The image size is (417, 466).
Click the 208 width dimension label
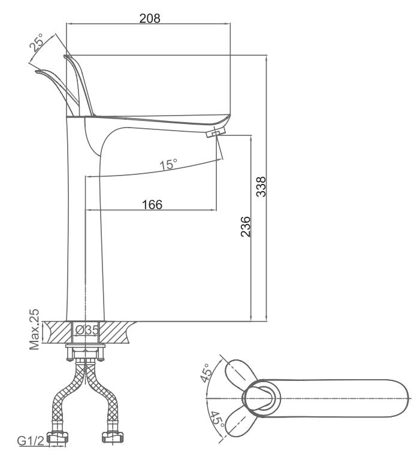(x=150, y=19)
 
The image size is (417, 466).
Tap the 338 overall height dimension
(x=261, y=187)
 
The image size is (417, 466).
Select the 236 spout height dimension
(x=246, y=227)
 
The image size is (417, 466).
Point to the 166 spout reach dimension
(x=152, y=204)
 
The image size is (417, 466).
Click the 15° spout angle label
(x=168, y=164)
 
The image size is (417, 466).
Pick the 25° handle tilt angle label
(x=37, y=43)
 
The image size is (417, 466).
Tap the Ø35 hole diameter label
(x=86, y=329)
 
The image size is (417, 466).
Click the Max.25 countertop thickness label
(x=34, y=329)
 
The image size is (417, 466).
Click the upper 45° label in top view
(x=206, y=372)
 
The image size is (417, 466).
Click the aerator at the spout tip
(x=216, y=132)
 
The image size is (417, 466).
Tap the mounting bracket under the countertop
(x=85, y=352)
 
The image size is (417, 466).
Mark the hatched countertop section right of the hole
(x=118, y=332)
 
